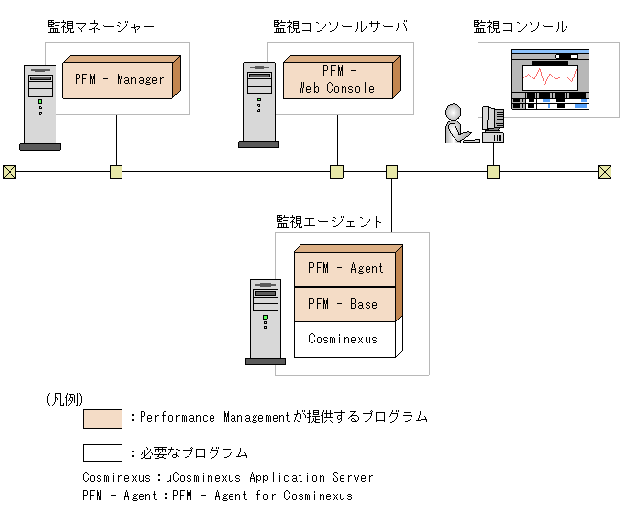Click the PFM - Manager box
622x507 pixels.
[120, 79]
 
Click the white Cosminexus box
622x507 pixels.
[343, 339]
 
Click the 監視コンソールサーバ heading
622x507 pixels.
[340, 27]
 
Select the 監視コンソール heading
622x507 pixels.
[520, 27]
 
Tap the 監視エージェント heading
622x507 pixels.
[329, 221]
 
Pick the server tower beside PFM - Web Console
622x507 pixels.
[258, 103]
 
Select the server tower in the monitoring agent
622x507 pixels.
[265, 320]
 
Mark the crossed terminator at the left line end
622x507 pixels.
[10, 172]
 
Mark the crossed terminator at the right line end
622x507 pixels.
[605, 172]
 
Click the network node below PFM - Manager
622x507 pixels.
[116, 172]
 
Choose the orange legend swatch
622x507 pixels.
[102, 418]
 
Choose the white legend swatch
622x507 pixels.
[102, 452]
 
